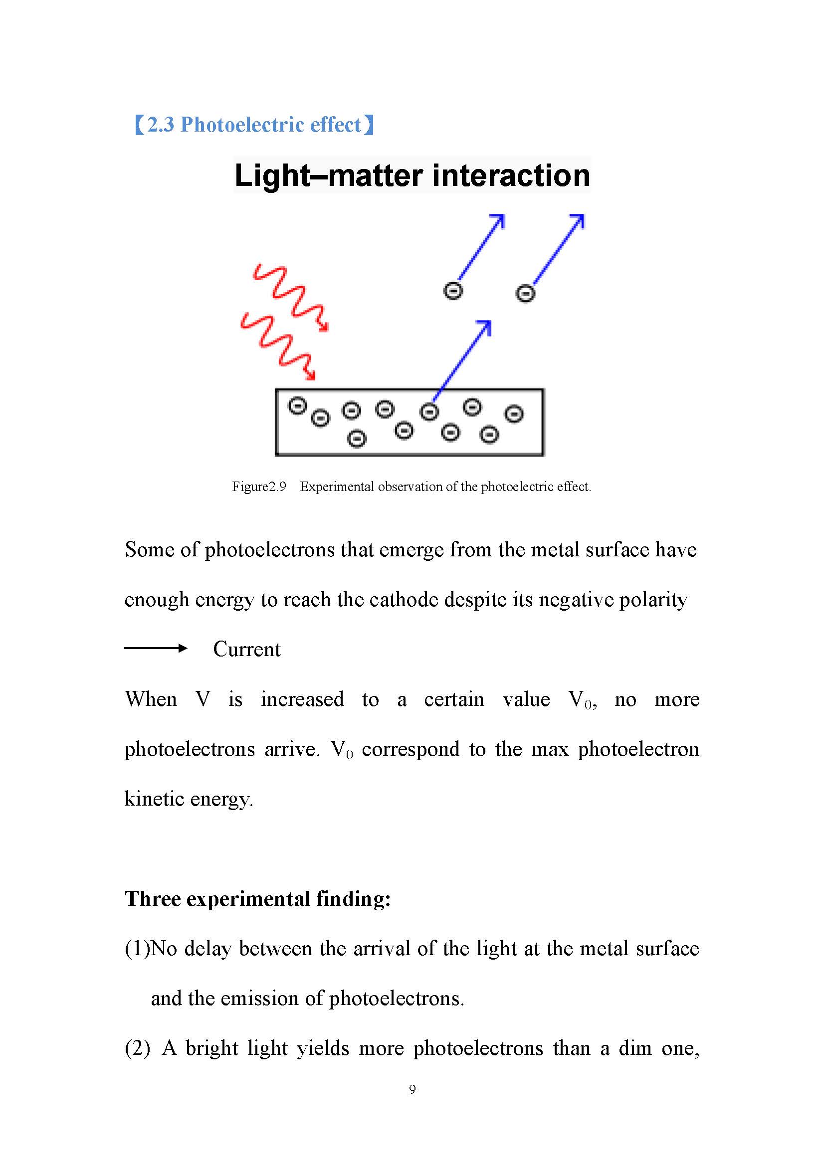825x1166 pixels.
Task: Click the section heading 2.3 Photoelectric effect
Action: pos(254,125)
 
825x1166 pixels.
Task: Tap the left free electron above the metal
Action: pos(453,292)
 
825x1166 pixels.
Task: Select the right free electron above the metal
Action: pos(525,294)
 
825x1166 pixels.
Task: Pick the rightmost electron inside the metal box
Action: pos(514,414)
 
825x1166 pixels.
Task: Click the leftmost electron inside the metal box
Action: pos(298,406)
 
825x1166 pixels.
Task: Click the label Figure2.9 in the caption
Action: pos(259,487)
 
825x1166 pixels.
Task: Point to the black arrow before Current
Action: pos(156,648)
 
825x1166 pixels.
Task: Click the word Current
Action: pos(246,649)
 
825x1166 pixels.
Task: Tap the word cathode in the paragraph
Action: pos(404,600)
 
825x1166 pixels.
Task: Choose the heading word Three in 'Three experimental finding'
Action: pos(153,898)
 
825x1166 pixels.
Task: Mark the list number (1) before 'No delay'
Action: pos(137,949)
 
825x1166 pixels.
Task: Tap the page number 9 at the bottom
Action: pos(412,1089)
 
